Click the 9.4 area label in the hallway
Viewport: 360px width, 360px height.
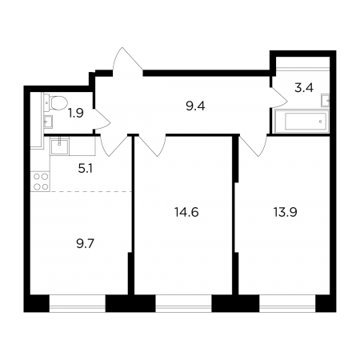point(195,106)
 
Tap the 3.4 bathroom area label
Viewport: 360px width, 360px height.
point(304,88)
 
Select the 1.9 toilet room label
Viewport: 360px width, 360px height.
point(76,114)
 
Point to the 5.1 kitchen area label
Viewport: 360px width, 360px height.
point(86,169)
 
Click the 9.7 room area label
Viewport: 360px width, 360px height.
point(86,244)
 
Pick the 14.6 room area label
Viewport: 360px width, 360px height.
point(186,213)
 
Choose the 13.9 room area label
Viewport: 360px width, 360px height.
point(286,213)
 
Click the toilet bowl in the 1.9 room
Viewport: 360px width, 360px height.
point(56,102)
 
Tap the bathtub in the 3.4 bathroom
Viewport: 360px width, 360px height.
point(302,122)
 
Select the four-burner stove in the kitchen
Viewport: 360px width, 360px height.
point(41,182)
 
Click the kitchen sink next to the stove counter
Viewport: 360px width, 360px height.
point(60,146)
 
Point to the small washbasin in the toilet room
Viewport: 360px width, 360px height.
point(48,122)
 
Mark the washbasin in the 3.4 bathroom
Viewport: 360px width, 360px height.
point(326,101)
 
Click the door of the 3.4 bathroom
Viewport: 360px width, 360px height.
point(279,98)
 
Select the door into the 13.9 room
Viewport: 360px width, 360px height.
point(254,146)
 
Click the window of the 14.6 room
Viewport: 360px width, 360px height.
point(183,303)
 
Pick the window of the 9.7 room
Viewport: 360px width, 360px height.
point(78,303)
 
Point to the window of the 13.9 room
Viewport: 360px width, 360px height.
point(287,303)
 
